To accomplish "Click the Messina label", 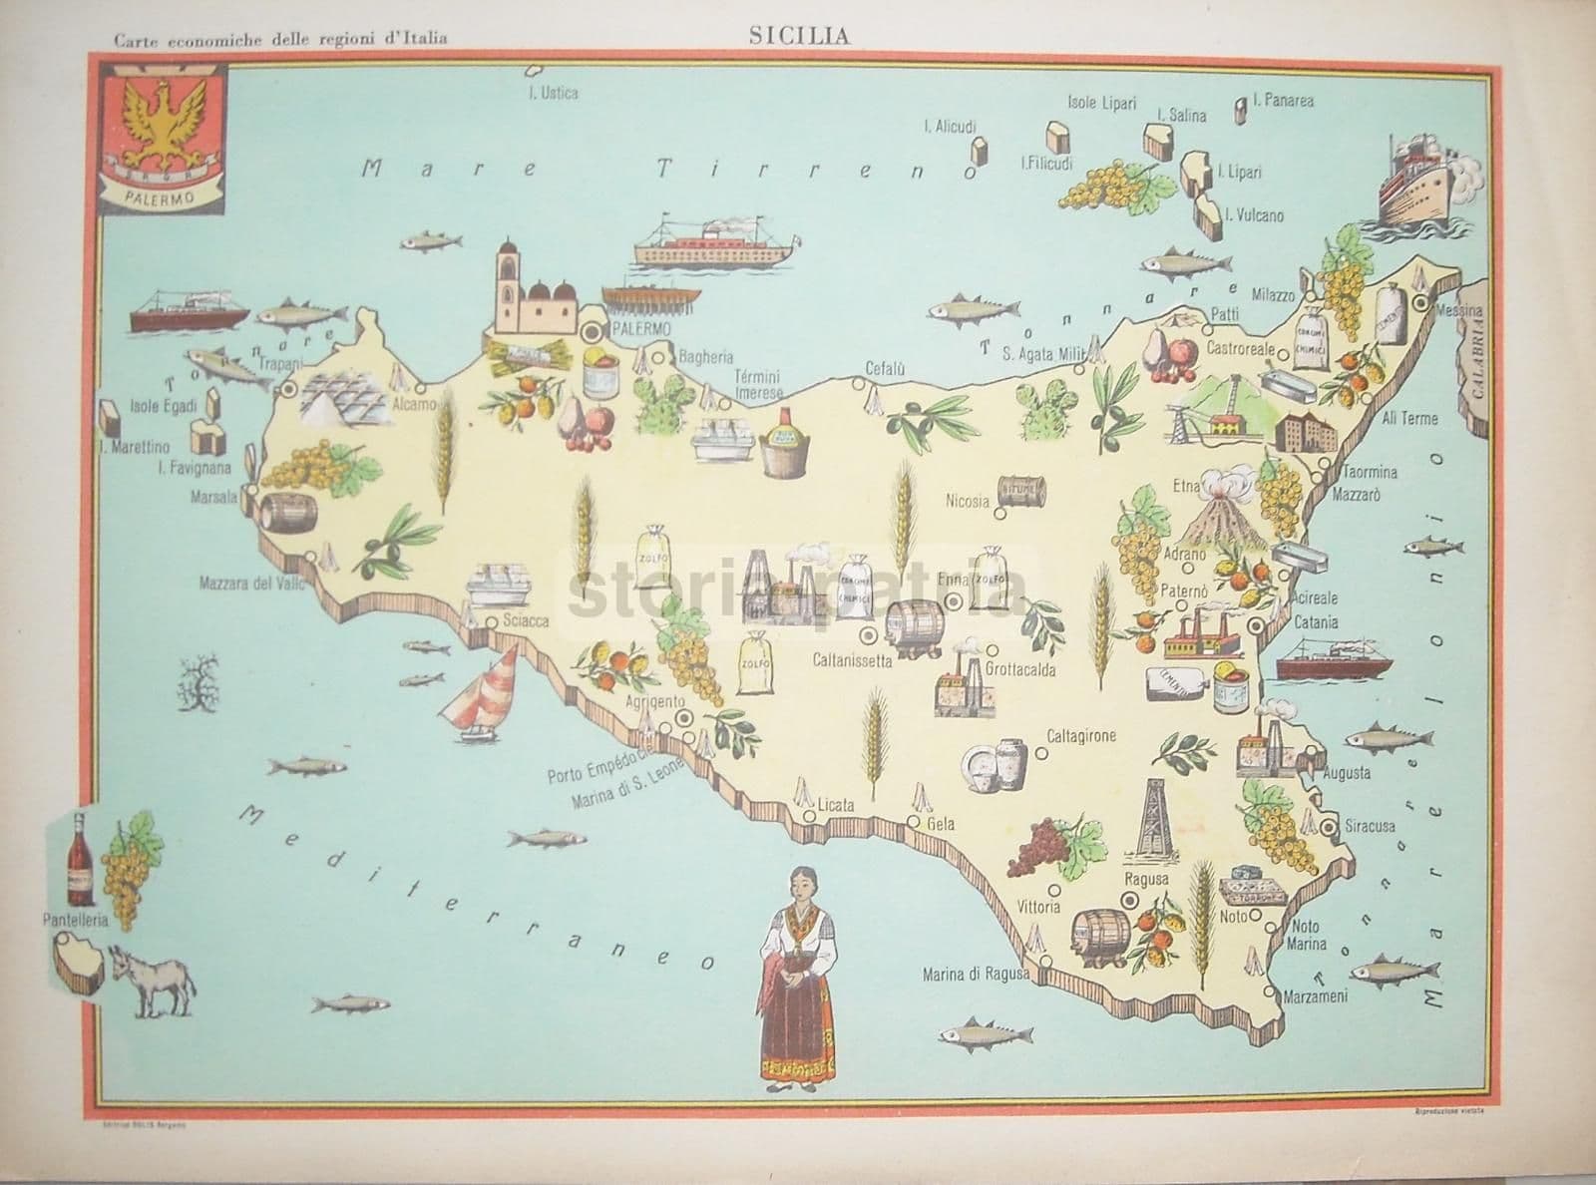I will (1458, 311).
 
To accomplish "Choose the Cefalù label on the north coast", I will (884, 369).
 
